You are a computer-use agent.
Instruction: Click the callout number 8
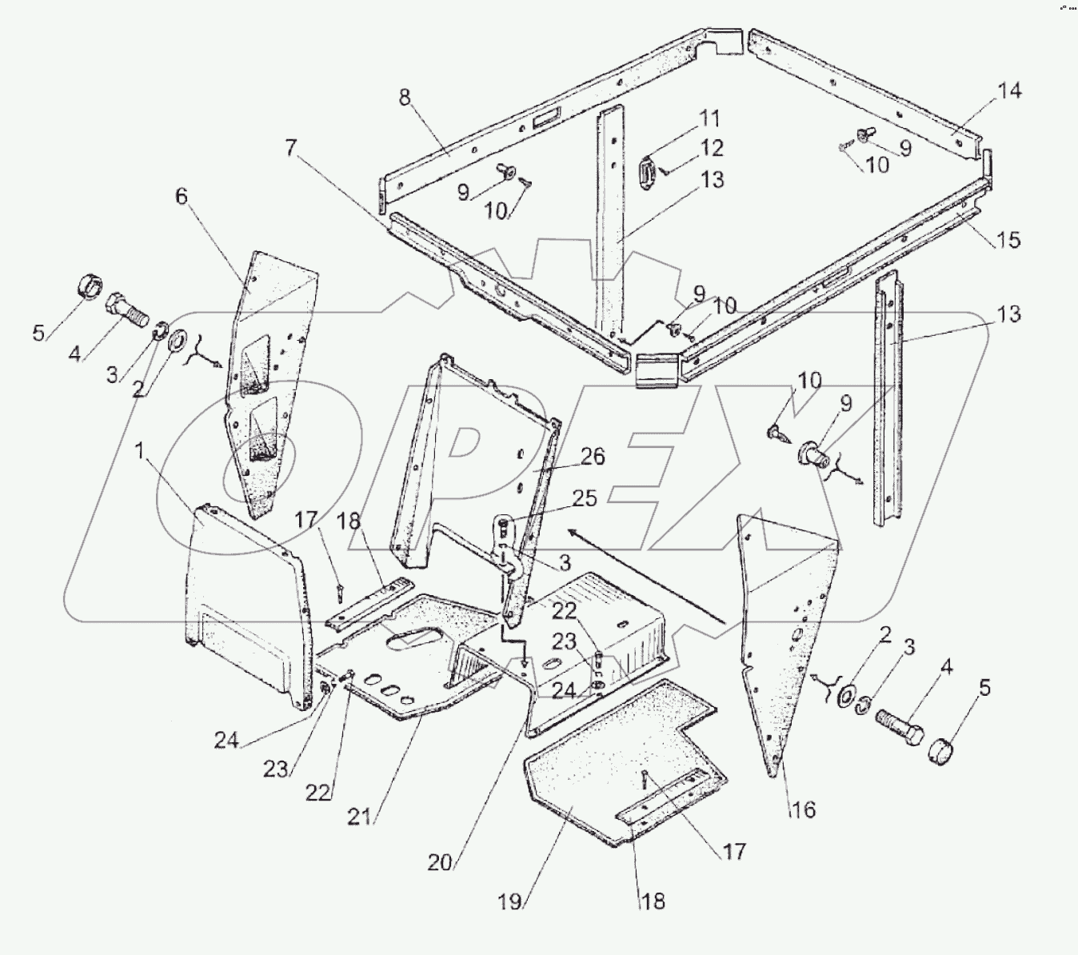tap(405, 98)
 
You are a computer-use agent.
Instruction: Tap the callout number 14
tap(1009, 91)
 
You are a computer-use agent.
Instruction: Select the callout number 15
tap(1009, 239)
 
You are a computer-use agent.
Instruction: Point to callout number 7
tap(290, 147)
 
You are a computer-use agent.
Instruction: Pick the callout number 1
tap(140, 453)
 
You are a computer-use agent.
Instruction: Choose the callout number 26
tap(593, 457)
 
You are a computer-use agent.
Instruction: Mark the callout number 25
tap(585, 499)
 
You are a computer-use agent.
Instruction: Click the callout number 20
tap(441, 862)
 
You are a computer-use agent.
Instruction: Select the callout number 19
tap(511, 902)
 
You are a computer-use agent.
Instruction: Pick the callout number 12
tap(712, 149)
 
